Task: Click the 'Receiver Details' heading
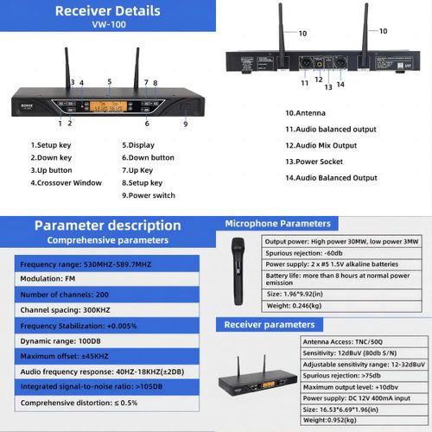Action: tap(107, 11)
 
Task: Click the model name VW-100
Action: tap(107, 25)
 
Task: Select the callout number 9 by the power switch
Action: tap(185, 124)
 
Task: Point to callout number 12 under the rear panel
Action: tap(319, 80)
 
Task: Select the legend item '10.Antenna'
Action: tap(305, 113)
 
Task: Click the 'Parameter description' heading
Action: tap(108, 226)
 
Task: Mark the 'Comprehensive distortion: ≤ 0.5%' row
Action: tap(79, 403)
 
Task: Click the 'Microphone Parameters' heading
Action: tap(277, 224)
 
